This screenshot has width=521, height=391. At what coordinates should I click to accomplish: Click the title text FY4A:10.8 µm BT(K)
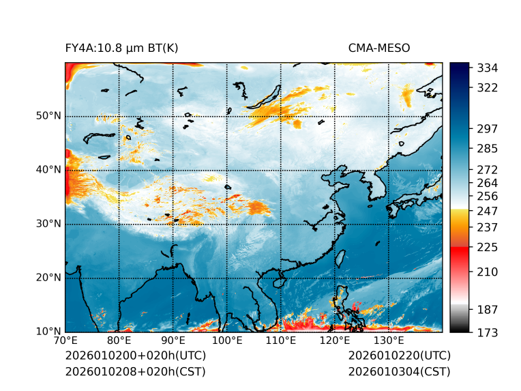121,48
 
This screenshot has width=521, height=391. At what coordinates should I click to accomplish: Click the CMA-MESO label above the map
378,48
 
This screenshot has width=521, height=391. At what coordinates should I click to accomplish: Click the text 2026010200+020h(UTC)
135,356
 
